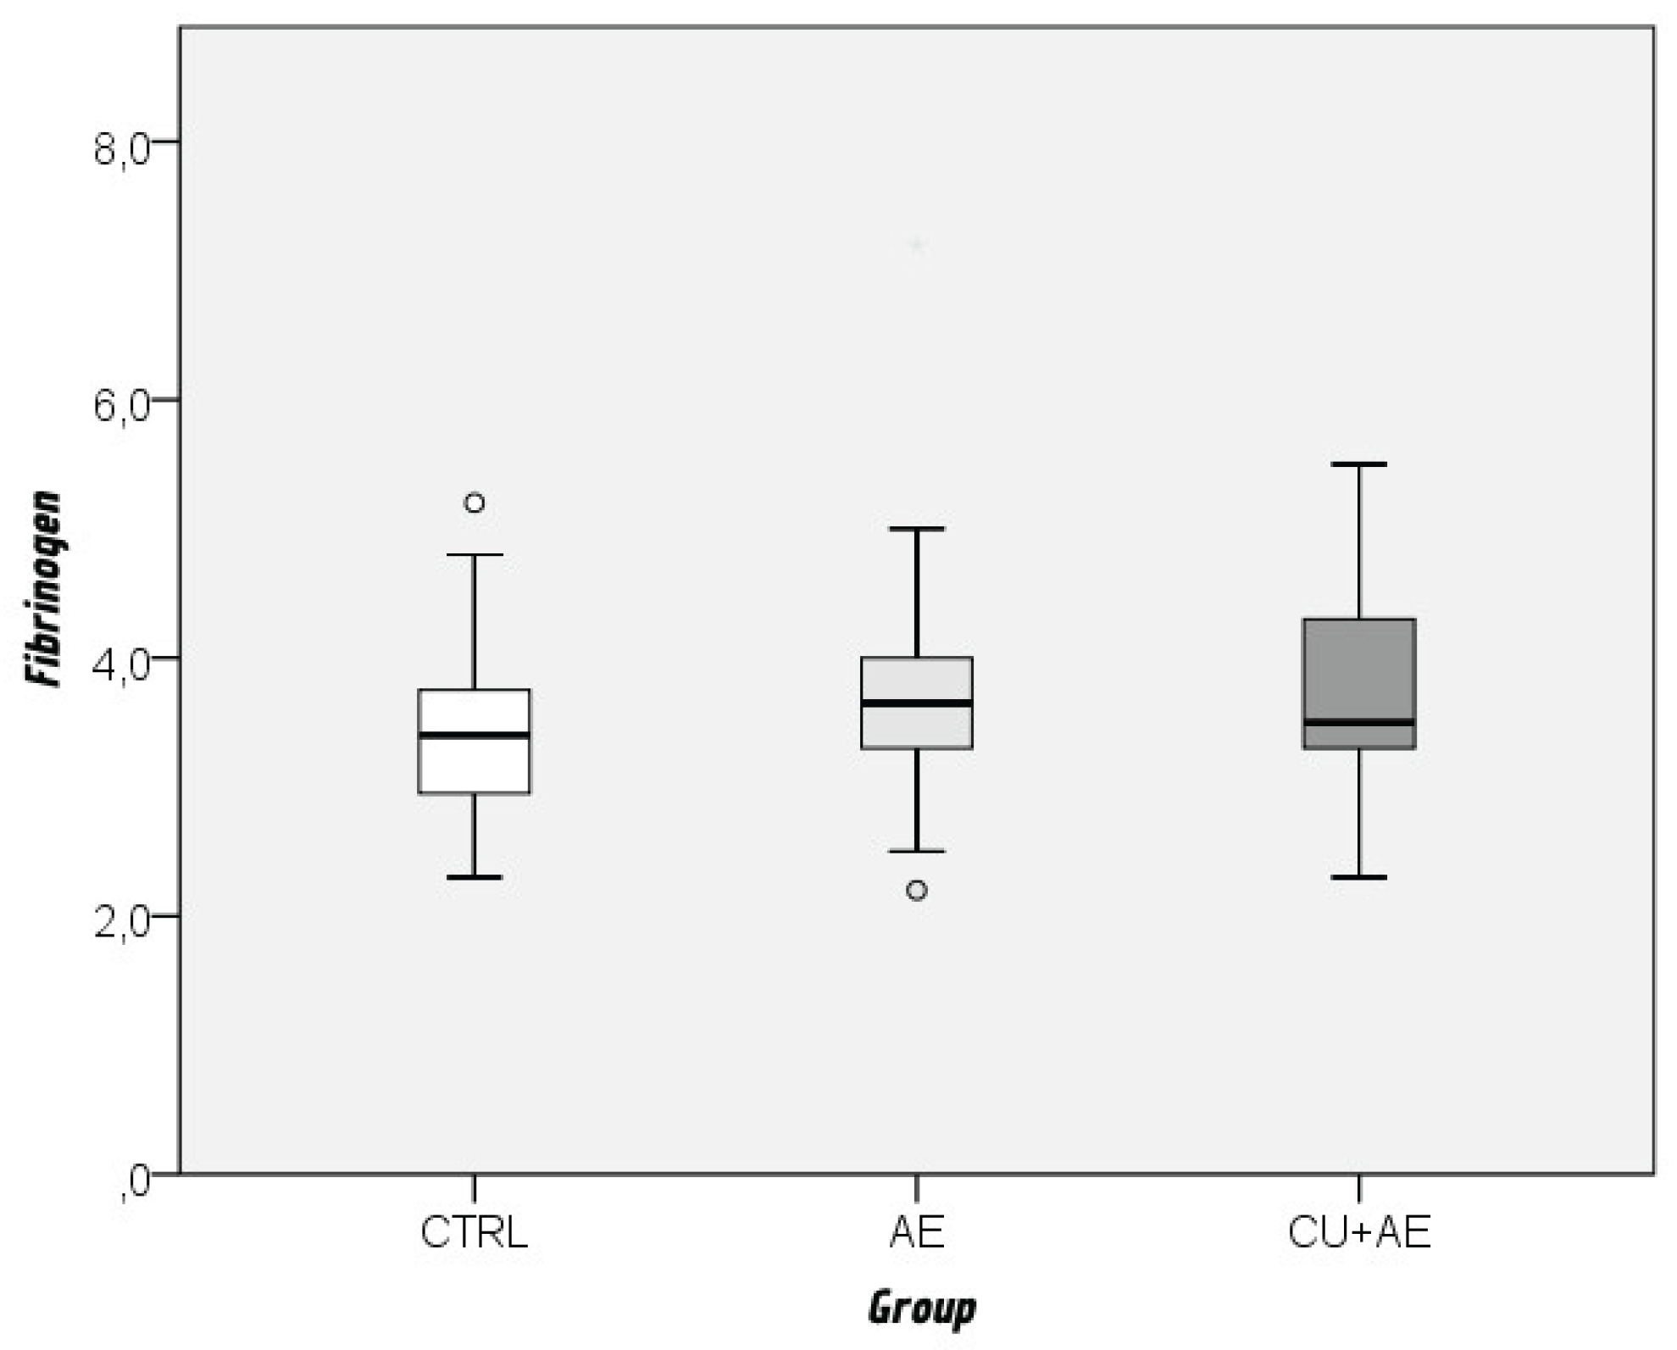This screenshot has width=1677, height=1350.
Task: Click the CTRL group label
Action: (x=474, y=1232)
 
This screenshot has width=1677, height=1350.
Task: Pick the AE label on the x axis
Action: (x=916, y=1232)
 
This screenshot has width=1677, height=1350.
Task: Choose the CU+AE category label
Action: (x=1358, y=1232)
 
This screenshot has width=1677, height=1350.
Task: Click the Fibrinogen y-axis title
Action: (x=44, y=588)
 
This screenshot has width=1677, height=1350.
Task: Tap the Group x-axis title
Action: (x=921, y=1308)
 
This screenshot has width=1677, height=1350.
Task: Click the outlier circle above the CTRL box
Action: (x=475, y=503)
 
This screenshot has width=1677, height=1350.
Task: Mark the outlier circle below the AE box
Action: (x=917, y=890)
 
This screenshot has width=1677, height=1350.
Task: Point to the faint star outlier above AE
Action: (x=917, y=246)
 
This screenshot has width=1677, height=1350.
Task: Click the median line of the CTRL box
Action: (x=475, y=735)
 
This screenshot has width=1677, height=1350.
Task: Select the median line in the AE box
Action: (x=917, y=703)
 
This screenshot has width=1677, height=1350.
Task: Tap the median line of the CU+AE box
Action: (x=1359, y=722)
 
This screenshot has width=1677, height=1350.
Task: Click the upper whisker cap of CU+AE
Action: (x=1359, y=464)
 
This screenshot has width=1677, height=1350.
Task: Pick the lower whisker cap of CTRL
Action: (x=475, y=877)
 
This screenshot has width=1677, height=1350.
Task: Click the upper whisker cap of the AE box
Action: (x=917, y=529)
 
